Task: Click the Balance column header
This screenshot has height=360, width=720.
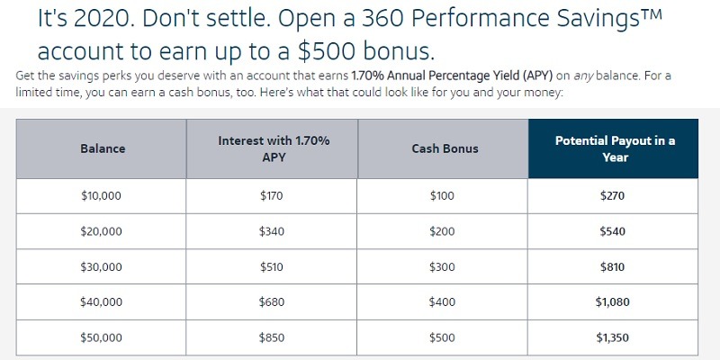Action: pyautogui.click(x=103, y=148)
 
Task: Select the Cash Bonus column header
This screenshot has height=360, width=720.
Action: pyautogui.click(x=445, y=148)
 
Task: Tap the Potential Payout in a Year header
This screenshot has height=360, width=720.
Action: pyautogui.click(x=615, y=148)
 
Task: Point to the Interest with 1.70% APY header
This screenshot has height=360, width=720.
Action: pyautogui.click(x=274, y=148)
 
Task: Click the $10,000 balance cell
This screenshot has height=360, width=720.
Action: pyautogui.click(x=101, y=196)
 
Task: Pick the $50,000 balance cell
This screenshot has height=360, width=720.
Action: pyautogui.click(x=101, y=338)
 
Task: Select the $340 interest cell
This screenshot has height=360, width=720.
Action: pyautogui.click(x=272, y=231)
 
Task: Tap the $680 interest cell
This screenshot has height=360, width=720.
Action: pyautogui.click(x=272, y=302)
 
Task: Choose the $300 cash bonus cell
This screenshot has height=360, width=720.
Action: pyautogui.click(x=442, y=266)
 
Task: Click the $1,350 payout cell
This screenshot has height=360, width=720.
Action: pyautogui.click(x=613, y=338)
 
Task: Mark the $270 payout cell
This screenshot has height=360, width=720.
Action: pyautogui.click(x=613, y=196)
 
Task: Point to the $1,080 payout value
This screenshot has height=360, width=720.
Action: pyautogui.click(x=613, y=302)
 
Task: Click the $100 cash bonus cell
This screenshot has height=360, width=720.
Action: pyautogui.click(x=442, y=196)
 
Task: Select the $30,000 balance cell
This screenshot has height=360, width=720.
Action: pyautogui.click(x=101, y=266)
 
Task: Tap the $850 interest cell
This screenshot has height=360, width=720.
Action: pyautogui.click(x=272, y=338)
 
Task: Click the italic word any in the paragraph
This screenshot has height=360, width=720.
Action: pyautogui.click(x=583, y=76)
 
